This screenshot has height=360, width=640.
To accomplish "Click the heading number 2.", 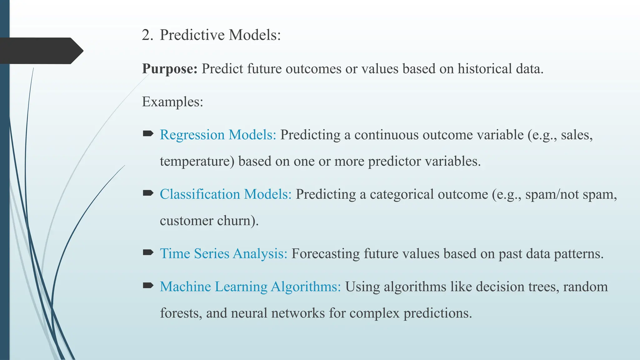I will (x=147, y=35).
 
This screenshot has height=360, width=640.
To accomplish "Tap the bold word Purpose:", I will (x=170, y=69).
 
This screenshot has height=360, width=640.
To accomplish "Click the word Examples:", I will (x=172, y=102).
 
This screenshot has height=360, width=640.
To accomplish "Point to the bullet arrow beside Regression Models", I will (x=148, y=134).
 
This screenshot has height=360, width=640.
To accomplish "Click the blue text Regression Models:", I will (x=218, y=135).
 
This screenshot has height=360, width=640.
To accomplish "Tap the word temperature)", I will (x=197, y=162).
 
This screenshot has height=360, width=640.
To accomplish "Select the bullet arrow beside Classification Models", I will (x=148, y=193).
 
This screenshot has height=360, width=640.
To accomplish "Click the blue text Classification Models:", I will (x=225, y=194).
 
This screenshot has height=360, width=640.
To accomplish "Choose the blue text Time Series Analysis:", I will (x=223, y=254).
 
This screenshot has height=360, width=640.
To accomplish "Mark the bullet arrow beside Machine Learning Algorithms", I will (x=148, y=285).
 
